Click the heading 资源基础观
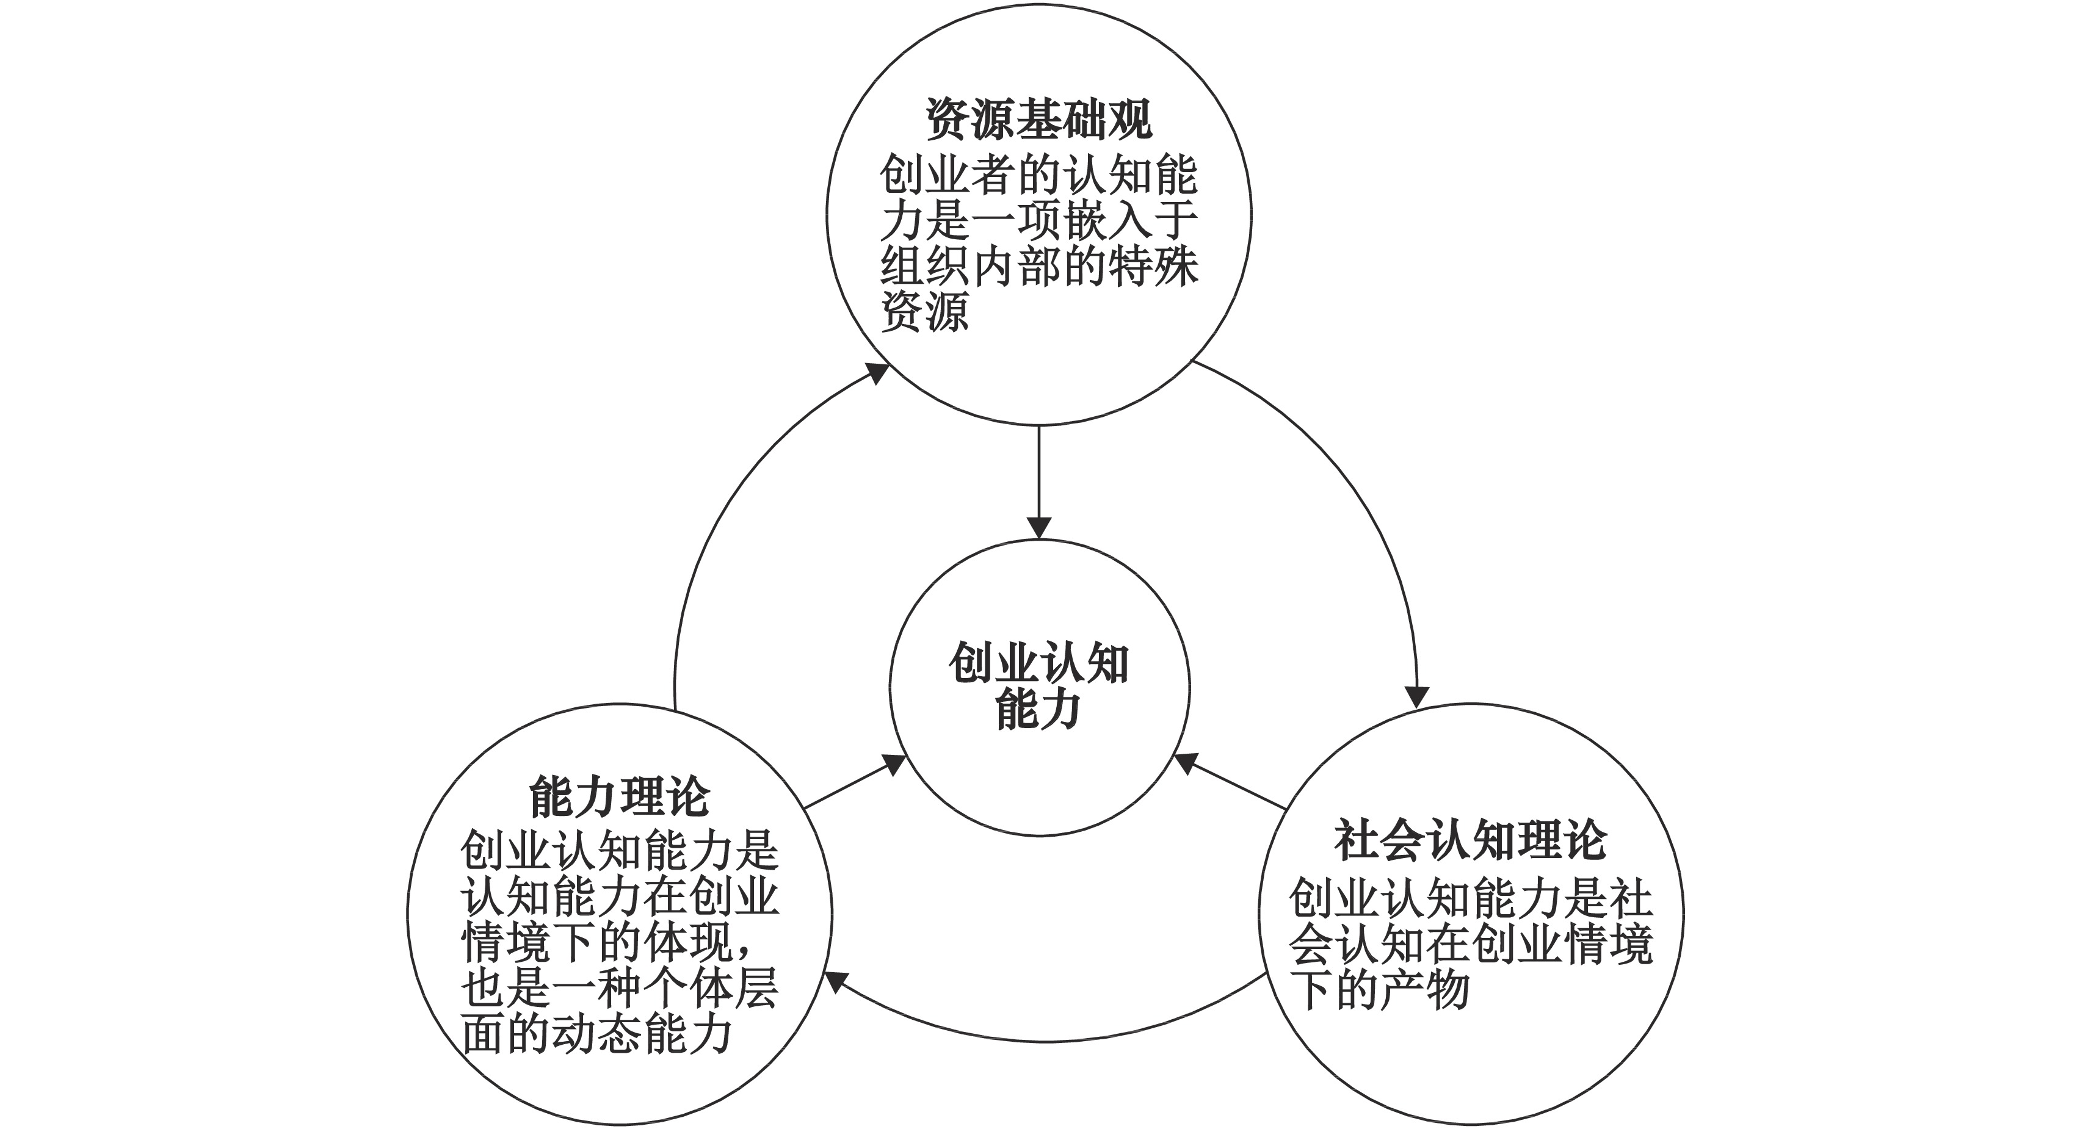(1039, 120)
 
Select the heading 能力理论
(619, 796)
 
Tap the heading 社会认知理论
(1470, 841)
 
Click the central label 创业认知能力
(1039, 687)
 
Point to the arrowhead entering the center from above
(1039, 527)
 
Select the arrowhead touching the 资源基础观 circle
(877, 373)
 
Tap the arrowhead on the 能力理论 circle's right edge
(836, 984)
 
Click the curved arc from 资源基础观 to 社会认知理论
(1364, 495)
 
